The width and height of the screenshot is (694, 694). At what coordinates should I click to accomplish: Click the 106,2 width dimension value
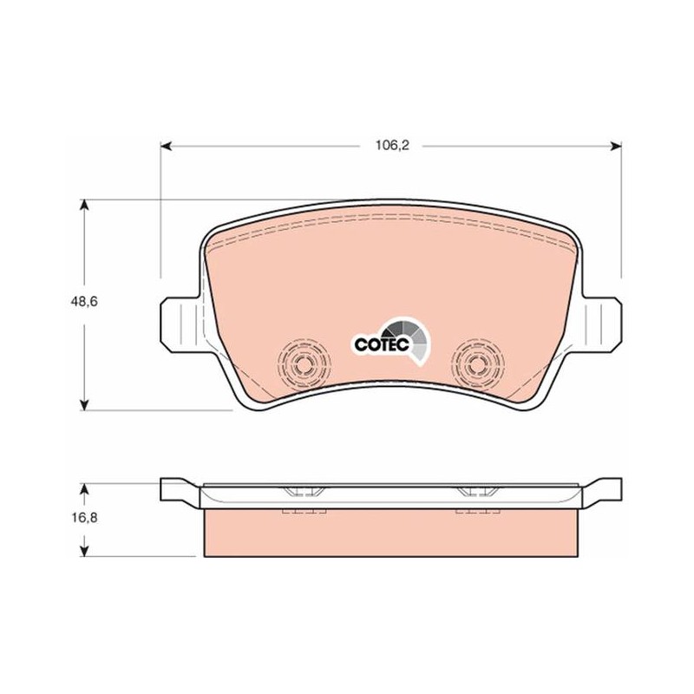point(392,145)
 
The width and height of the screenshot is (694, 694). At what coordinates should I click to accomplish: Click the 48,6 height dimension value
point(84,302)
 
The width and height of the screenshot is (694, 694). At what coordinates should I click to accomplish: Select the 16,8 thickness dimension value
point(84,517)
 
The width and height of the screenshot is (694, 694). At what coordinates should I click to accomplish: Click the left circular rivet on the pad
point(304,364)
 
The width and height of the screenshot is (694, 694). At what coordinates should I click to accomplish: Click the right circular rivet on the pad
point(478,364)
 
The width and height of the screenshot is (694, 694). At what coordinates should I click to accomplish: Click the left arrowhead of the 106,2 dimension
point(166,146)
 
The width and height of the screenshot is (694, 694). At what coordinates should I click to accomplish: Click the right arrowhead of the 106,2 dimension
point(616,146)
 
